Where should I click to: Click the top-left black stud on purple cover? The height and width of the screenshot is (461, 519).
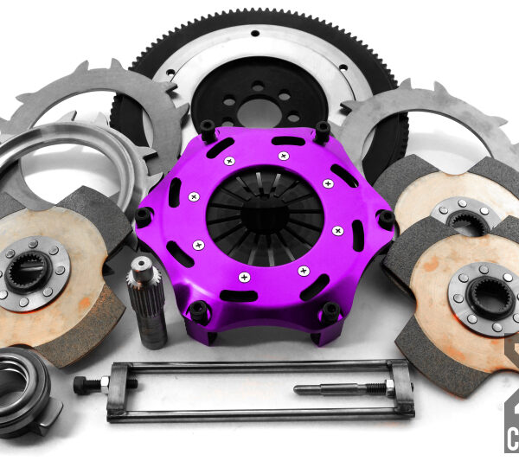tap(208, 131)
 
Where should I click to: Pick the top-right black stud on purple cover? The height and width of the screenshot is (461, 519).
tap(322, 131)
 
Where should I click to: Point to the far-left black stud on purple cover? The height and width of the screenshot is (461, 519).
tap(142, 217)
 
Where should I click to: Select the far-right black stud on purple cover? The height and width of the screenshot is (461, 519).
tap(385, 220)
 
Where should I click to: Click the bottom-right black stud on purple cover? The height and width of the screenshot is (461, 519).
tap(330, 311)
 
